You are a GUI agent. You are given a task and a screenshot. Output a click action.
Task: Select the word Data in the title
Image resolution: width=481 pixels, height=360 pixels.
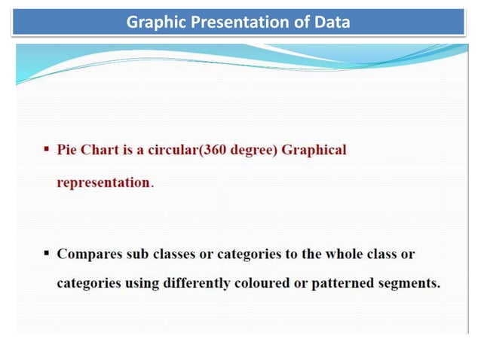click(332, 23)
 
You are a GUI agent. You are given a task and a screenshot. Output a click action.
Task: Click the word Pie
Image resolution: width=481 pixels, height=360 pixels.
click(67, 150)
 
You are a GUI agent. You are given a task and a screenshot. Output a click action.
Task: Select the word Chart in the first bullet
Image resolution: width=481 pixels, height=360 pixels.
click(100, 150)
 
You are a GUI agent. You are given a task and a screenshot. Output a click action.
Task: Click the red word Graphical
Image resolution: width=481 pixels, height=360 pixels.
click(315, 150)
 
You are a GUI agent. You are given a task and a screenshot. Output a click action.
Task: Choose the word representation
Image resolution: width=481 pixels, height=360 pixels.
click(103, 183)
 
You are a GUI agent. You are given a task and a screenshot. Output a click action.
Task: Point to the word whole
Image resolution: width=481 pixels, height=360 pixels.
click(344, 254)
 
